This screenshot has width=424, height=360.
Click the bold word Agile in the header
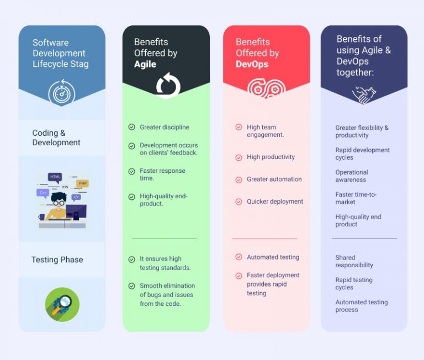pyautogui.click(x=145, y=65)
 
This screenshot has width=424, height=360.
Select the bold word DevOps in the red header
pyautogui.click(x=252, y=65)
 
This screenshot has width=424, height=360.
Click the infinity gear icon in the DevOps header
pyautogui.click(x=266, y=88)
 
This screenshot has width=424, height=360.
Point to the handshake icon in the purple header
pyautogui.click(x=364, y=94)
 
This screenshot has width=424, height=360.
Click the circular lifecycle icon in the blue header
pyautogui.click(x=62, y=92)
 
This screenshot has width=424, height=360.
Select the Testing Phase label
pyautogui.click(x=57, y=260)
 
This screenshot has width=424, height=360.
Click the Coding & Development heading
pyautogui.click(x=56, y=137)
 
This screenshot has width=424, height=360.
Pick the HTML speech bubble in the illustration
pyautogui.click(x=55, y=177)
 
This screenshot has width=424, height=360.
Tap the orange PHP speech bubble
pyautogui.click(x=83, y=183)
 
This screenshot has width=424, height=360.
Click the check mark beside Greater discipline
pyautogui.click(x=132, y=127)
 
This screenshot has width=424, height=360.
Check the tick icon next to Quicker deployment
pyautogui.click(x=239, y=202)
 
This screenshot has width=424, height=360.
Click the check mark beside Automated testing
pyautogui.click(x=239, y=257)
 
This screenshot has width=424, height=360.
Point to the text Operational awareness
pyautogui.click(x=352, y=176)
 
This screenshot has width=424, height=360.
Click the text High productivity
pyautogui.click(x=271, y=157)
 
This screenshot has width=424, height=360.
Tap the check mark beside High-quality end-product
pyautogui.click(x=132, y=197)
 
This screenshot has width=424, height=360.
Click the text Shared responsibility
pyautogui.click(x=354, y=261)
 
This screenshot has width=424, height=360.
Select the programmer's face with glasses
pyautogui.click(x=59, y=200)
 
